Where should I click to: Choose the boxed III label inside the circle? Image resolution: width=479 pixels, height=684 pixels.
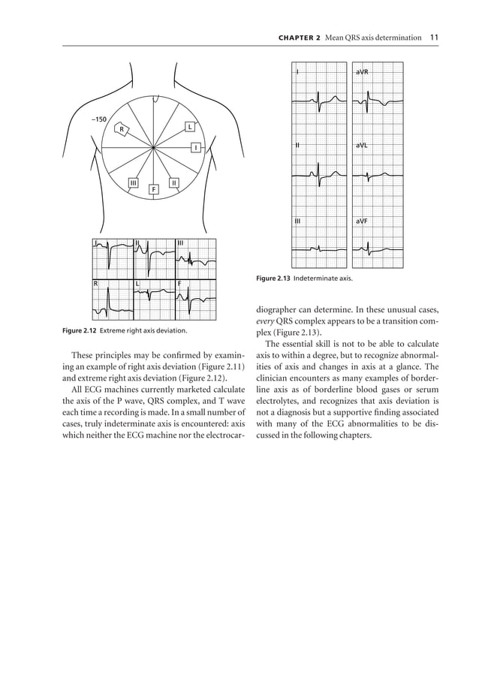pos(133,182)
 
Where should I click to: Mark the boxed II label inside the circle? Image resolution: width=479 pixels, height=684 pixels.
pos(173,182)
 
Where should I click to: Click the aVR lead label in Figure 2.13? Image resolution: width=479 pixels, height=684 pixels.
pos(362,71)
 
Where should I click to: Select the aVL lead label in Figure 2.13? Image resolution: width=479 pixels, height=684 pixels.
pos(362,146)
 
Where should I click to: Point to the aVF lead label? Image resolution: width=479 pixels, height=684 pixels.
pos(362,221)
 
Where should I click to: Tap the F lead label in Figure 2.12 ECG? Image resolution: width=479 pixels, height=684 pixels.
pos(179,283)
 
